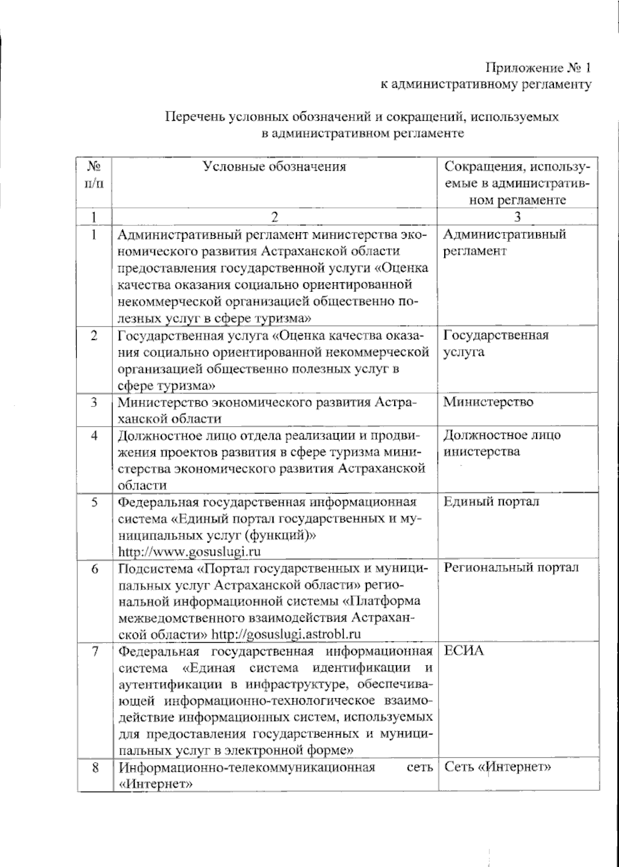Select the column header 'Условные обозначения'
[x=274, y=166]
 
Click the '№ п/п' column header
[x=94, y=174]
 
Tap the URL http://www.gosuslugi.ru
[x=189, y=552]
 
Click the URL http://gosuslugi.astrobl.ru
[x=286, y=634]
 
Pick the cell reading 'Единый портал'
[x=492, y=501]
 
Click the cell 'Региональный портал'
[x=511, y=567]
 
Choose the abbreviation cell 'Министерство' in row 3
[x=488, y=402]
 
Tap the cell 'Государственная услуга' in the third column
[x=496, y=343]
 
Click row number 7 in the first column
[x=95, y=651]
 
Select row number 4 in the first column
[x=94, y=435]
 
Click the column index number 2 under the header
[x=274, y=217]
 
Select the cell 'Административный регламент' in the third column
[x=504, y=242]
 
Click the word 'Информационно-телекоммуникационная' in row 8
[x=247, y=767]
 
